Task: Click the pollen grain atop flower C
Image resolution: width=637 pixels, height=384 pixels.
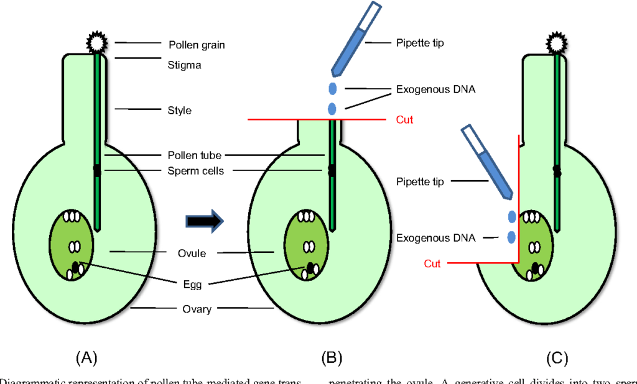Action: (x=556, y=42)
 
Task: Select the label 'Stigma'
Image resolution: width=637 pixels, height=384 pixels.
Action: (x=184, y=65)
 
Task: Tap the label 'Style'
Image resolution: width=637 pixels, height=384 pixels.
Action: (x=179, y=111)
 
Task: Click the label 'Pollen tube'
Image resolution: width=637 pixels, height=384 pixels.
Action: (x=194, y=155)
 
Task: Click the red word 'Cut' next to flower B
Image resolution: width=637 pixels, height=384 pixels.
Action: (x=404, y=119)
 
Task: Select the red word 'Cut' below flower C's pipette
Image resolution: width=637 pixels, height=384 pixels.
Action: (x=432, y=263)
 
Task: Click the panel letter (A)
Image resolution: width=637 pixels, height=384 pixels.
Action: (x=86, y=358)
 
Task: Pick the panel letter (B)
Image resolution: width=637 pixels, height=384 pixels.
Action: (x=332, y=358)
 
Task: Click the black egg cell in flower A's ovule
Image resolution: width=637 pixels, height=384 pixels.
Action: (x=77, y=267)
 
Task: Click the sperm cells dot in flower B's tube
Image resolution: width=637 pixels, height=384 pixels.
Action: (x=332, y=168)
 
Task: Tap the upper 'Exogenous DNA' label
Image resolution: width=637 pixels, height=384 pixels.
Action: (x=435, y=89)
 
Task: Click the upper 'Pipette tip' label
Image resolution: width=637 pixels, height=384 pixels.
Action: (x=420, y=43)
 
